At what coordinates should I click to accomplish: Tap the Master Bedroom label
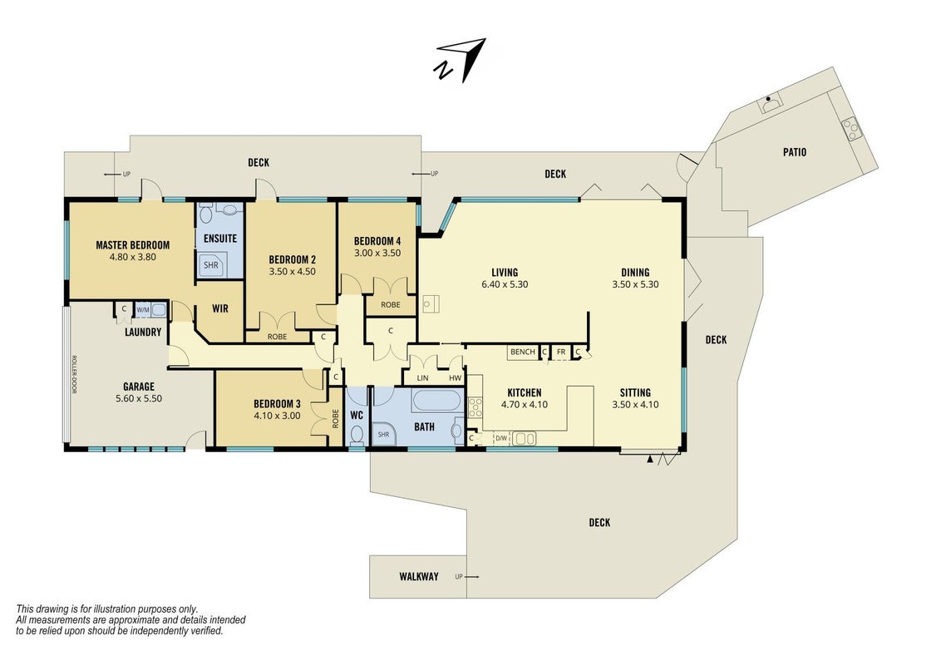[x=133, y=245]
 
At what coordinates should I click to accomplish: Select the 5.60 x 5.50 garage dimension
[x=139, y=398]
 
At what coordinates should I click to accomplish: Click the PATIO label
[x=795, y=152]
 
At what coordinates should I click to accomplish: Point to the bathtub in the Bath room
[x=437, y=401]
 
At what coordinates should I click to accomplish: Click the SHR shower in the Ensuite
[x=210, y=264]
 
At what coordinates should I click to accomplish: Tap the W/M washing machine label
[x=143, y=310]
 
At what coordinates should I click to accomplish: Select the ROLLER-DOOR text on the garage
[x=74, y=375]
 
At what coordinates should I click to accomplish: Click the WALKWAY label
[x=419, y=577]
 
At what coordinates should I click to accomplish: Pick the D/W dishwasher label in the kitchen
[x=501, y=438]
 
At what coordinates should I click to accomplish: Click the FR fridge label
[x=561, y=352]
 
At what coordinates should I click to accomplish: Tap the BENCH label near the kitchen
[x=522, y=352]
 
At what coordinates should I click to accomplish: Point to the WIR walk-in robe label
[x=220, y=308]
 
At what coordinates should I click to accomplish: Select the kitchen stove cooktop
[x=475, y=407]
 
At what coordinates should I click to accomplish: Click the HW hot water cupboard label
[x=456, y=378]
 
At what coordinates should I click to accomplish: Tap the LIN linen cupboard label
[x=422, y=378]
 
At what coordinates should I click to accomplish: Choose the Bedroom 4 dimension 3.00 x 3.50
[x=377, y=254]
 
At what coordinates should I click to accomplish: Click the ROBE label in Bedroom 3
[x=335, y=418]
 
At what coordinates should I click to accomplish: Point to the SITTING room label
[x=635, y=392]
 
